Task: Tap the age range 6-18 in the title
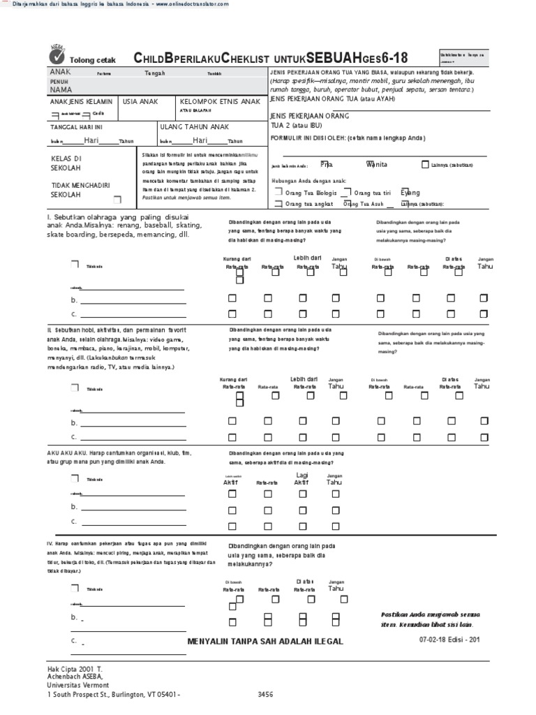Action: point(394,57)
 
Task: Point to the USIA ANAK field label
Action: point(140,102)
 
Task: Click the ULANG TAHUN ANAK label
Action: point(195,128)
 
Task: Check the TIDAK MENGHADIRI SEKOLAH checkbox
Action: point(126,199)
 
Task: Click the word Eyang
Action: point(410,192)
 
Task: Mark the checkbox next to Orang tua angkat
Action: point(278,204)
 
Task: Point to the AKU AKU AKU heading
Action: point(64,453)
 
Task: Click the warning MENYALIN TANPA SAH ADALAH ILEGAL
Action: point(266,641)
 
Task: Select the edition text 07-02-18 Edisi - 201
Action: point(449,639)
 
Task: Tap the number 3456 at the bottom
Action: point(267,695)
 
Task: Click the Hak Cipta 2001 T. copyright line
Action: point(75,668)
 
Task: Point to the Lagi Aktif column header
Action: point(301,478)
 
